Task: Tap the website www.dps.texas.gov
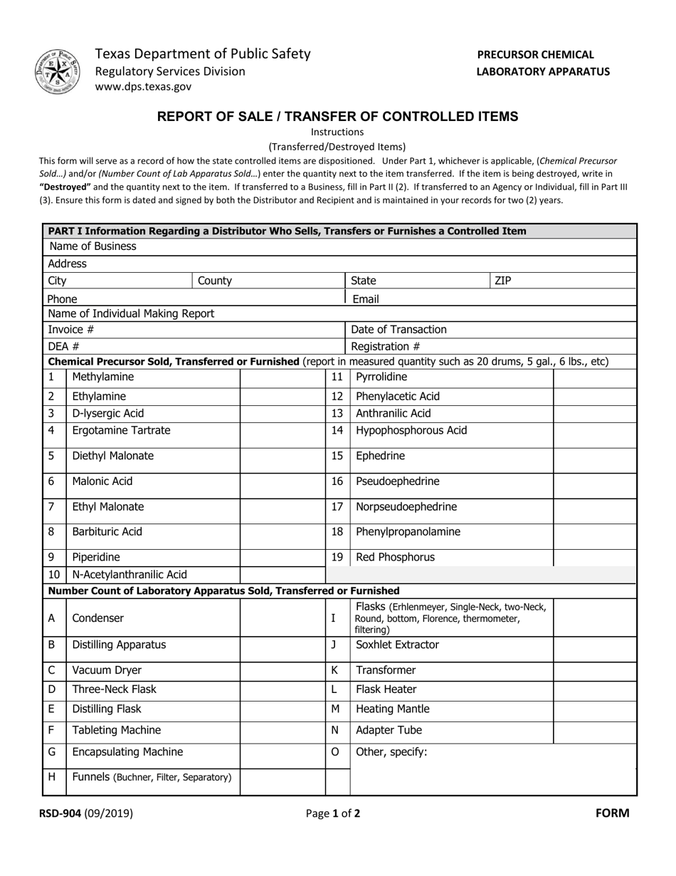tap(143, 87)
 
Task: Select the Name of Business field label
tap(93, 246)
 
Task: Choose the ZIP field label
tap(503, 281)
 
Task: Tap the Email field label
tap(366, 298)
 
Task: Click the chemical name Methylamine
tap(102, 377)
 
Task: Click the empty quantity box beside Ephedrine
tap(594, 456)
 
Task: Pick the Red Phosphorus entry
tap(395, 557)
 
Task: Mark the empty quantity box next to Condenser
tap(282, 618)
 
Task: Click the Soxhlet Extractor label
tap(397, 645)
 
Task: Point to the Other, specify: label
tap(391, 751)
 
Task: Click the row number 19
tap(337, 557)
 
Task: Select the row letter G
tap(51, 751)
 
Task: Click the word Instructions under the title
tap(337, 132)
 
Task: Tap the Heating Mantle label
tap(392, 709)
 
